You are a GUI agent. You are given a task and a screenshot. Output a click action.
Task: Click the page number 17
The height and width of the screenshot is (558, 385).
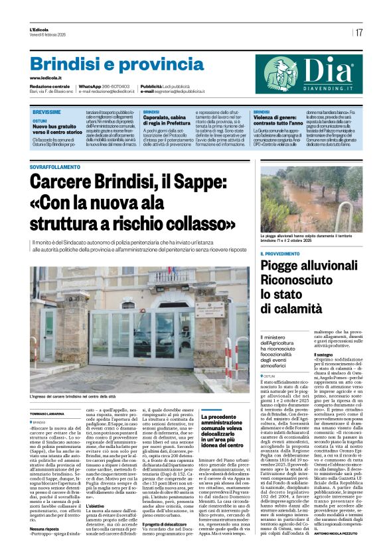point(358,32)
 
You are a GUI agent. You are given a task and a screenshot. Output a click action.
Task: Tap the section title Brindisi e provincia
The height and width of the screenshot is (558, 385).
point(108,64)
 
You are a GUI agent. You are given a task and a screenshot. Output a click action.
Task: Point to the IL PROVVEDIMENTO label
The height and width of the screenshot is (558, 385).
point(283,254)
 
